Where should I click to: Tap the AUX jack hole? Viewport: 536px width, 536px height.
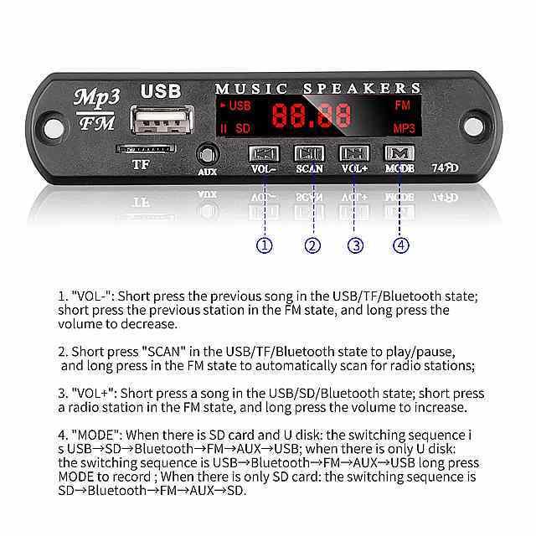pos(207,155)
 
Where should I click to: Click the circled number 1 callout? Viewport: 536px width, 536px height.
pos(265,245)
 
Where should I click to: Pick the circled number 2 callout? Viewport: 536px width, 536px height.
pos(312,245)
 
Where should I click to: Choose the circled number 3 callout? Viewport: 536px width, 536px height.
pos(356,245)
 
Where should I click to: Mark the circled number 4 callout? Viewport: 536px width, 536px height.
pos(401,245)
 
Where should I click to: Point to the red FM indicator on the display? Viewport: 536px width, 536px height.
pos(402,106)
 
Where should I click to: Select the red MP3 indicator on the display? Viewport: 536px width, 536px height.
pos(405,128)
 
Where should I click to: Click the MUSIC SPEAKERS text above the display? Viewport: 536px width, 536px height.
pos(318,88)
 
